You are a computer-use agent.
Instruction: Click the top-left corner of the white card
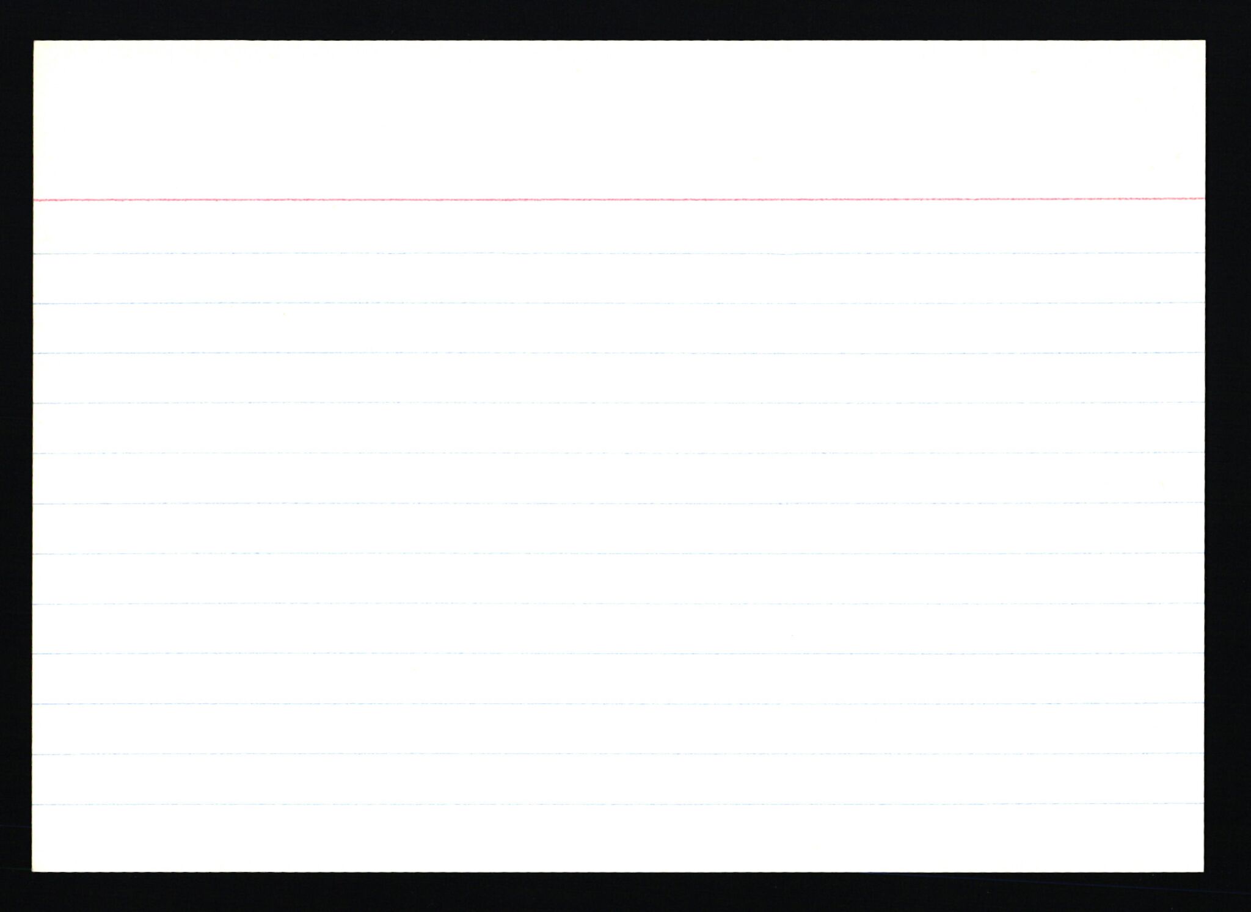click(34, 42)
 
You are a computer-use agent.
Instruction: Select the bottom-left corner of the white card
click(33, 871)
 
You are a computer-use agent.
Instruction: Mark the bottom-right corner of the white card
click(1203, 871)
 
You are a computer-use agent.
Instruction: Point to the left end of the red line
click(35, 200)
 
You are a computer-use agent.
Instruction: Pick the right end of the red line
click(1203, 198)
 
